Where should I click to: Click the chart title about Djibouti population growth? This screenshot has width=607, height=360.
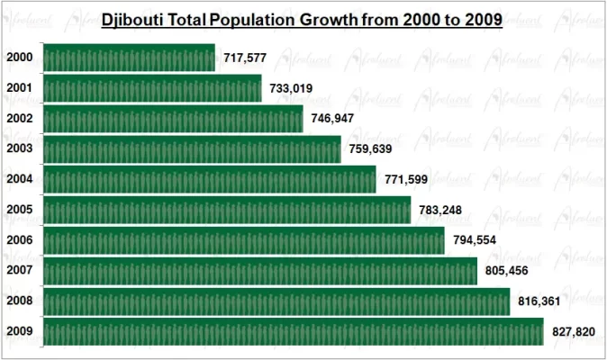click(302, 19)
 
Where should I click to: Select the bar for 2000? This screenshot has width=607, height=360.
click(129, 58)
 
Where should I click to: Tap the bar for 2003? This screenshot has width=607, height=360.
click(192, 148)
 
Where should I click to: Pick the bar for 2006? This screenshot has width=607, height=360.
click(243, 240)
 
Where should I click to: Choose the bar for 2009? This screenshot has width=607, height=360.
click(293, 331)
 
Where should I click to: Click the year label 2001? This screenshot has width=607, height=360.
click(19, 88)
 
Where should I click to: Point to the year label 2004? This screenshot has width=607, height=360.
click(19, 179)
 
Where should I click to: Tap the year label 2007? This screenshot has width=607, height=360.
click(19, 271)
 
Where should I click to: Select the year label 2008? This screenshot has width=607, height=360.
click(19, 301)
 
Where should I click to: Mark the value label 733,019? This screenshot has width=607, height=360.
click(293, 89)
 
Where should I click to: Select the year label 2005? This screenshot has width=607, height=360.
click(19, 210)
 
